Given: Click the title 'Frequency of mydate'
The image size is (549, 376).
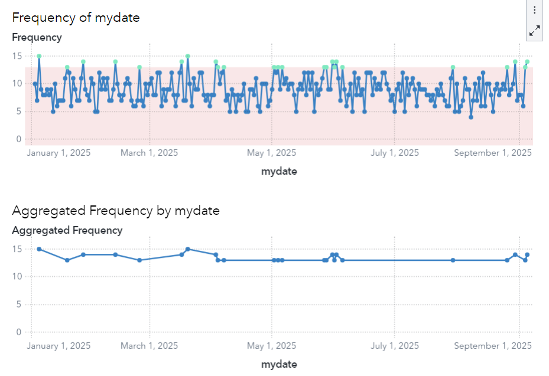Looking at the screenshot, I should (76, 17).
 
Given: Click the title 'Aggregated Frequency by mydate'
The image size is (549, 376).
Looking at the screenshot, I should (115, 210).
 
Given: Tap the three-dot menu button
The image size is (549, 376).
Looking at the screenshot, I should (534, 10).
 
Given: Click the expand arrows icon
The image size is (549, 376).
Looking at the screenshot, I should (534, 31).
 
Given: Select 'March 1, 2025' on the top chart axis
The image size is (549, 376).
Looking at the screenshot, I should (149, 153).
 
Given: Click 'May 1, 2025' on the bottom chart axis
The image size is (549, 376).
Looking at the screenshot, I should (271, 346).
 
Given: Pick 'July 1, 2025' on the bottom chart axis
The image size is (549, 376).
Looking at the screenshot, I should (394, 346).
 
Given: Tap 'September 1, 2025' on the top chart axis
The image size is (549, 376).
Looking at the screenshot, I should (492, 153).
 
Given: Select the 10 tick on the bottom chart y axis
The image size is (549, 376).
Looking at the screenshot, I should (17, 277).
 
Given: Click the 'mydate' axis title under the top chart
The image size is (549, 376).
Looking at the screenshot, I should (279, 171).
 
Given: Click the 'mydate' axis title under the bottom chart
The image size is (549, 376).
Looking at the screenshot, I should (279, 364).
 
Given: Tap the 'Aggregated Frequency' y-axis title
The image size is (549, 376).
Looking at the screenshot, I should (67, 230).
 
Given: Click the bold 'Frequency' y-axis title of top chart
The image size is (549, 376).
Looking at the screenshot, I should (37, 37).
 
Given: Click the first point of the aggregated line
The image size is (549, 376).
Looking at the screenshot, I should (39, 249).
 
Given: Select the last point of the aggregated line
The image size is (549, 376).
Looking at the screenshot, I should (527, 254).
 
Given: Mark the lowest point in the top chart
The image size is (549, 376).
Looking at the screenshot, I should (471, 117).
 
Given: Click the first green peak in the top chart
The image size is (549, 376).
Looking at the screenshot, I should (39, 56).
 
